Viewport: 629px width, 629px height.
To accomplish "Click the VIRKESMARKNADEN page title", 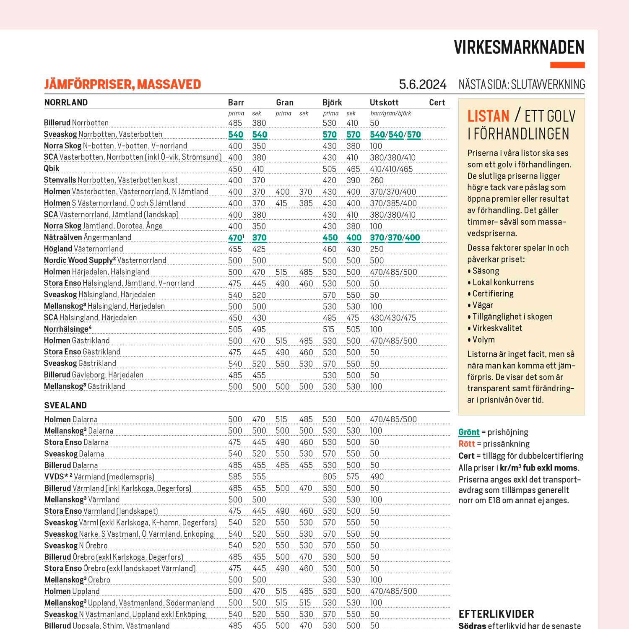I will (x=519, y=47).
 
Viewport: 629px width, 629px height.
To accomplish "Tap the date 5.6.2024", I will (x=422, y=85).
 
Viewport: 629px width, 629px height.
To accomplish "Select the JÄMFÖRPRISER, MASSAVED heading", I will (x=122, y=84).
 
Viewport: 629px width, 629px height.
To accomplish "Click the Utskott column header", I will (x=384, y=103).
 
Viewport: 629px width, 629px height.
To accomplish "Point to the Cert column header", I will (x=437, y=103).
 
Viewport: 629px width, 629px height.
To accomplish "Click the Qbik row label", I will (x=52, y=169).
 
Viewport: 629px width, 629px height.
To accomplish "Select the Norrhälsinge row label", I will (x=67, y=329).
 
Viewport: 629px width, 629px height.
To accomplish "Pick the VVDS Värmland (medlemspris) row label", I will (x=99, y=477).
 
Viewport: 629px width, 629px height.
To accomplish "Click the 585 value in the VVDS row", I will (x=235, y=477).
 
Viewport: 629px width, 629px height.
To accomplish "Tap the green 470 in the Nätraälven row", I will (x=235, y=238).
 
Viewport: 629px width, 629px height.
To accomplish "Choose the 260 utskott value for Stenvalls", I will (x=377, y=180).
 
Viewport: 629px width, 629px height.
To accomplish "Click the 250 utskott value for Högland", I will (x=377, y=249).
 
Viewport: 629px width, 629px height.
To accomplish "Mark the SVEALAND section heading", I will (x=65, y=405).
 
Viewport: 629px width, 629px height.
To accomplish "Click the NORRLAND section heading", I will (x=66, y=103).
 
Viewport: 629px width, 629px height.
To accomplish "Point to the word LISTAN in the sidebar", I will (x=488, y=116).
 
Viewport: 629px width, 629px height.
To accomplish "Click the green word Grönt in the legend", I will (x=469, y=432).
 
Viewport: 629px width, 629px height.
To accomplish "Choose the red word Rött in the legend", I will (x=466, y=444).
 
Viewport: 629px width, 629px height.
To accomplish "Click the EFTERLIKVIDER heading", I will (x=496, y=614).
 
